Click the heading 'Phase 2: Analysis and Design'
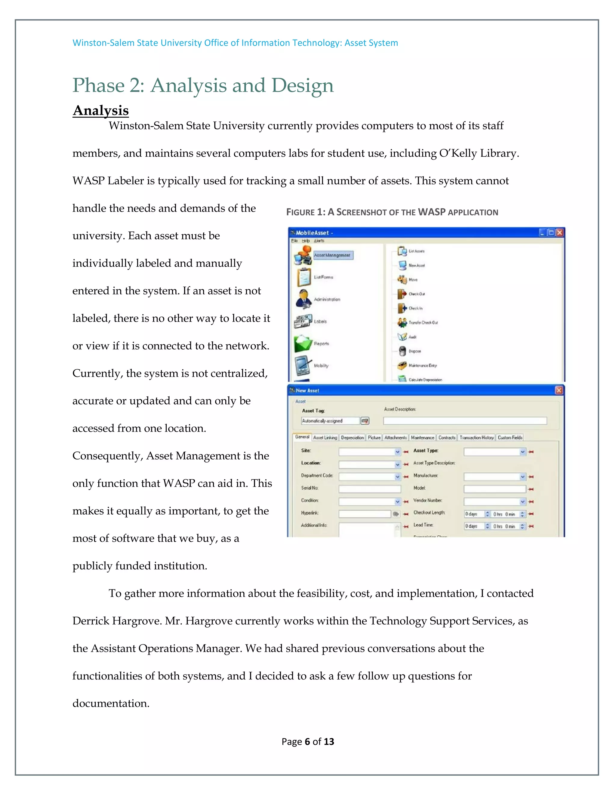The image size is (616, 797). (x=203, y=85)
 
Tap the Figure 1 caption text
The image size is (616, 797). (x=392, y=212)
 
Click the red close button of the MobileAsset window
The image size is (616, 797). (x=559, y=232)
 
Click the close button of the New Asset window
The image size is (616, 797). (x=559, y=390)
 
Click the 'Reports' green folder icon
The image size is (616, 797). (x=303, y=344)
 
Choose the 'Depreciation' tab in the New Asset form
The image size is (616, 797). (x=352, y=437)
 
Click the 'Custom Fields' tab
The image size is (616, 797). (x=510, y=437)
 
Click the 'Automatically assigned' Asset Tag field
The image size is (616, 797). (x=330, y=421)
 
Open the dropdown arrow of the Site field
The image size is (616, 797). (x=397, y=452)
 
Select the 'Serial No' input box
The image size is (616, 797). (x=369, y=489)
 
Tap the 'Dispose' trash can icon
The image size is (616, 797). (x=402, y=351)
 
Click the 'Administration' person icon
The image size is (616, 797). (x=303, y=299)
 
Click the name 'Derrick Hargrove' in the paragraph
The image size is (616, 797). (x=117, y=621)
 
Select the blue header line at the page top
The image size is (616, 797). (x=235, y=43)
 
